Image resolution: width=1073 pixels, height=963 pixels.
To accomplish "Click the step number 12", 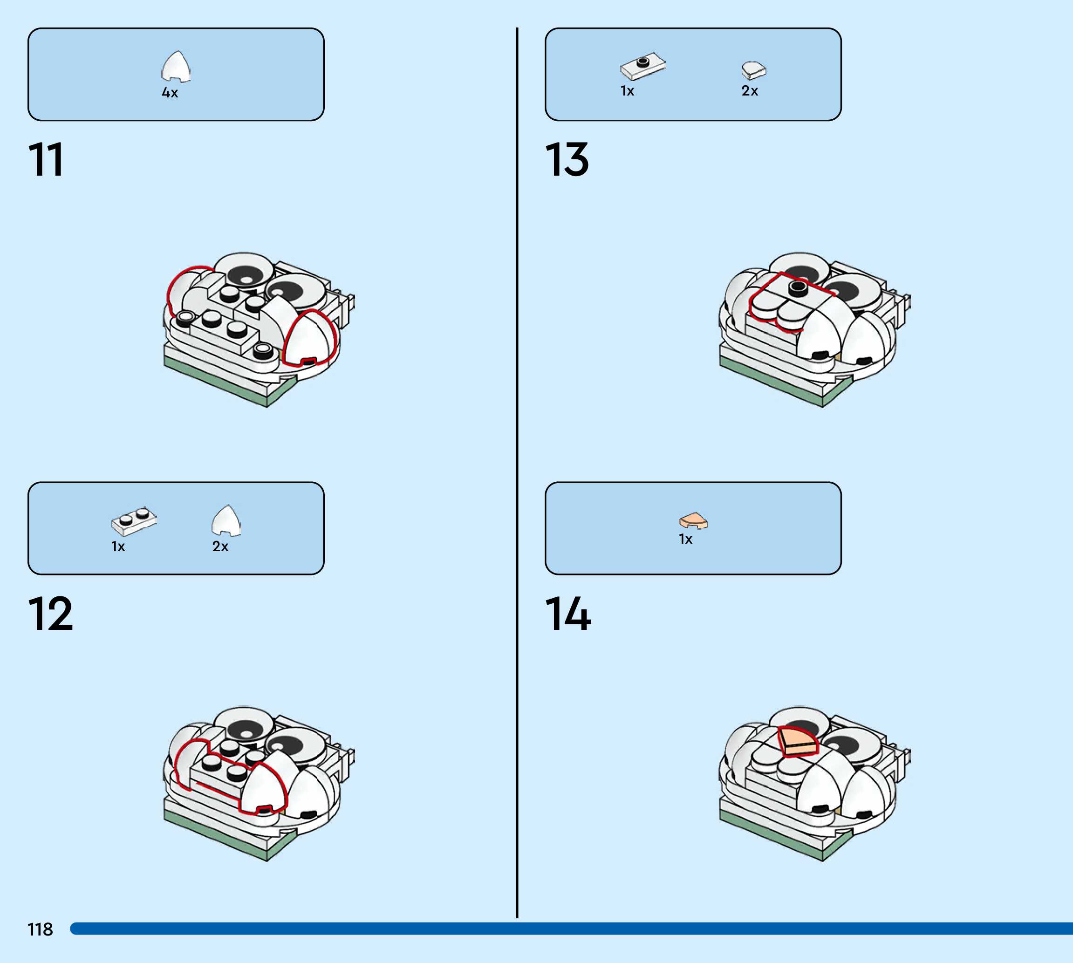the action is tap(50, 614).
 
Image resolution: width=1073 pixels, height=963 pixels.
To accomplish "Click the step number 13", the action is tap(567, 159).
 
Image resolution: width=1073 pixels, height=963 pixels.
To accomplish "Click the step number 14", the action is tap(568, 614).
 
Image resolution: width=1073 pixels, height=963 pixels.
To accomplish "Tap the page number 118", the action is tap(40, 929).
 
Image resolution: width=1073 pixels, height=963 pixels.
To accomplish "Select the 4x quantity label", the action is tap(170, 93).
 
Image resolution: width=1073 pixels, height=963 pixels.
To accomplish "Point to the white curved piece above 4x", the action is tap(176, 67).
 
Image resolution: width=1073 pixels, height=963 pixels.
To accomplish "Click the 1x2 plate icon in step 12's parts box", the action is tap(134, 521).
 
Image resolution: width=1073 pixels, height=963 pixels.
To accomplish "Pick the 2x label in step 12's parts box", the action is tap(220, 546).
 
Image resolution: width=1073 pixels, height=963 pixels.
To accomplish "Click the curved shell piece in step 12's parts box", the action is tap(226, 521).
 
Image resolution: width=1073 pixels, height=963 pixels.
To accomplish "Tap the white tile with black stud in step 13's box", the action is tap(643, 66).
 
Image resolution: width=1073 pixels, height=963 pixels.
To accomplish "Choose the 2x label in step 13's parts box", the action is tap(750, 91).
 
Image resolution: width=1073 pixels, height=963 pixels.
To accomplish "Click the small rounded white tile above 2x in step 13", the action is tap(753, 70).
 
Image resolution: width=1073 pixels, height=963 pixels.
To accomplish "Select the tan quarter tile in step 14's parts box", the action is tap(693, 521).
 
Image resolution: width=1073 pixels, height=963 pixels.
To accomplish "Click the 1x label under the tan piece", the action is tap(686, 539).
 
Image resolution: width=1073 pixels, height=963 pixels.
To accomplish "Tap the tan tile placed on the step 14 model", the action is tap(798, 741).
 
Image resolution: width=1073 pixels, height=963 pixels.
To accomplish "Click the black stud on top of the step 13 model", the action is tap(797, 288).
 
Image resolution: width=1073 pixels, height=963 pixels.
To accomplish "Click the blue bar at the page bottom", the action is tap(571, 929).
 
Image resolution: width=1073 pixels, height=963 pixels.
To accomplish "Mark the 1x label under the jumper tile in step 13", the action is tap(628, 91).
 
